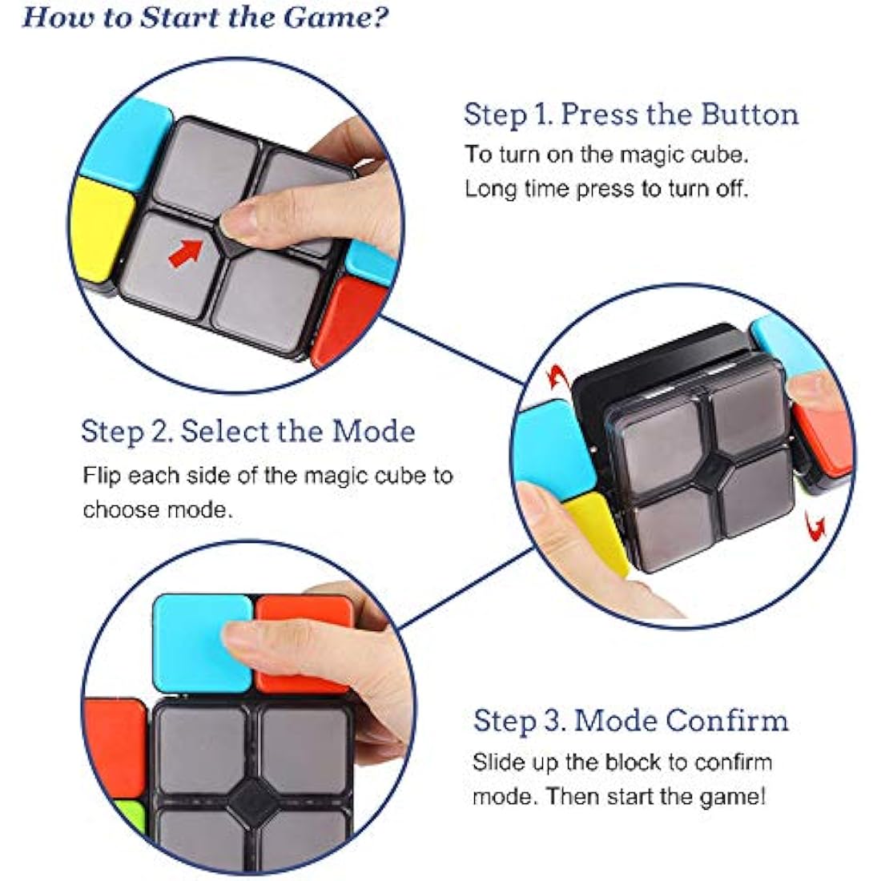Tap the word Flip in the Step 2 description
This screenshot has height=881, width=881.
tap(102, 476)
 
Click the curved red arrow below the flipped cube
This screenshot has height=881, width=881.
tap(815, 525)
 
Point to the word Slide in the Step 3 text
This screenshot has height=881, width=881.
tap(496, 762)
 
